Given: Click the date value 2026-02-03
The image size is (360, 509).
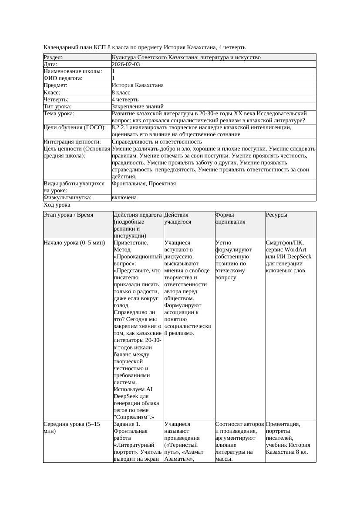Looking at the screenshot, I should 126,64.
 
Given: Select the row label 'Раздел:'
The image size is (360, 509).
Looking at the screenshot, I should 53,57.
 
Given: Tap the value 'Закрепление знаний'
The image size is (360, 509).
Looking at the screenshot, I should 138,107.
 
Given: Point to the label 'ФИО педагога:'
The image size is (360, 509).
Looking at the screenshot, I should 63,78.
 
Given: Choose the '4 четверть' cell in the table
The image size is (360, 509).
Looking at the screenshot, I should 125,100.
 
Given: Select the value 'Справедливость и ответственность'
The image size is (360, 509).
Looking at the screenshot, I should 157,142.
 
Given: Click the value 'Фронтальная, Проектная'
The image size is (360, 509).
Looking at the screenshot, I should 144,184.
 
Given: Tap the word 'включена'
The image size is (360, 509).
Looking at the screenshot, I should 124,198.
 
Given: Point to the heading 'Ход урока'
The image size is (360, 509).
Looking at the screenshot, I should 57,205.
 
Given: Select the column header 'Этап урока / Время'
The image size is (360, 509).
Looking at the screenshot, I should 68,215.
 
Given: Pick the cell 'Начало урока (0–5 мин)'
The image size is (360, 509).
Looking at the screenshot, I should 74,243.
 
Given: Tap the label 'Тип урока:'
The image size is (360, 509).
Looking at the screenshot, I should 57,107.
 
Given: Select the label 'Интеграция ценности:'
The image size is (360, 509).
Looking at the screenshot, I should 72,142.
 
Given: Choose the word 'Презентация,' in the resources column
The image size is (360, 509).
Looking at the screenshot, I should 283,424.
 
